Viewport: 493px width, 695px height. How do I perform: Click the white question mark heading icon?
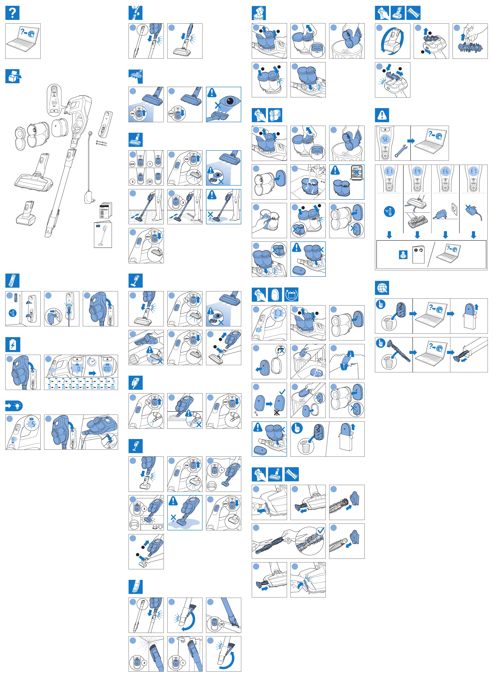(x=12, y=13)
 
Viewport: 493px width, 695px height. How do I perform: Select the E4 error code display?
(x=417, y=171)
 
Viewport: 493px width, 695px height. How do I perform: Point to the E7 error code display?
(x=474, y=171)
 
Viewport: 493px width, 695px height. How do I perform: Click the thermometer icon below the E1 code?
(x=389, y=211)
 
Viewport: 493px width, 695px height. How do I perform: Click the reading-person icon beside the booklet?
(x=403, y=255)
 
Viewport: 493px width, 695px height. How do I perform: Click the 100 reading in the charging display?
(x=107, y=368)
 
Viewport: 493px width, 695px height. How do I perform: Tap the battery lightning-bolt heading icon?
(x=12, y=345)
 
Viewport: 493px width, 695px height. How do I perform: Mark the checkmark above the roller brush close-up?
(x=320, y=530)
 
